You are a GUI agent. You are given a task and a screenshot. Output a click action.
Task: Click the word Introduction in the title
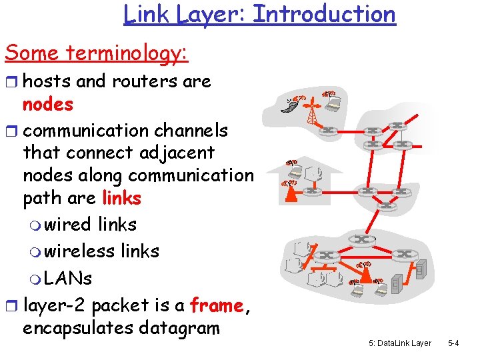click(x=324, y=14)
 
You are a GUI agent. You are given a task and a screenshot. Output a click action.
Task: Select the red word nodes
click(x=48, y=105)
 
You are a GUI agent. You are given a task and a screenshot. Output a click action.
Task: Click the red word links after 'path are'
click(x=121, y=199)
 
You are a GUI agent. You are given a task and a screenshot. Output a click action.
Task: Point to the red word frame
click(x=216, y=306)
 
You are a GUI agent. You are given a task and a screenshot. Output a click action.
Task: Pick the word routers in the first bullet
click(x=138, y=81)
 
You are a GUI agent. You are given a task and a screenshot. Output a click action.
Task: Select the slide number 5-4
click(x=453, y=343)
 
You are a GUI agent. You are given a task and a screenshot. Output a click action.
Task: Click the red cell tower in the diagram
click(x=311, y=110)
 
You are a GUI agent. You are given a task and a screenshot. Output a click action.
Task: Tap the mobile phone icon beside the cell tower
click(x=289, y=105)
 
